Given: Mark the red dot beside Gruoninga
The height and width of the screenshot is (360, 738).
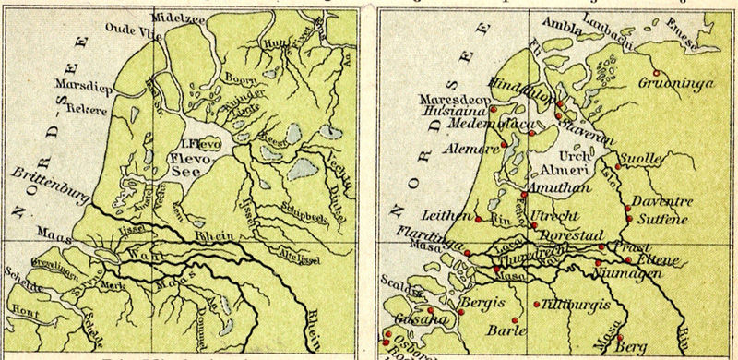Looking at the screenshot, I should pyautogui.click(x=656, y=73).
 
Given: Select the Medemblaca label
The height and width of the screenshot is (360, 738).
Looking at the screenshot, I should pyautogui.click(x=471, y=119).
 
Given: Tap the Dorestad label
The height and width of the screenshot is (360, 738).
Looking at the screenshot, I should pyautogui.click(x=570, y=235).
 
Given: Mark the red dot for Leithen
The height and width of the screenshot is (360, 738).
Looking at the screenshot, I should pyautogui.click(x=478, y=220).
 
